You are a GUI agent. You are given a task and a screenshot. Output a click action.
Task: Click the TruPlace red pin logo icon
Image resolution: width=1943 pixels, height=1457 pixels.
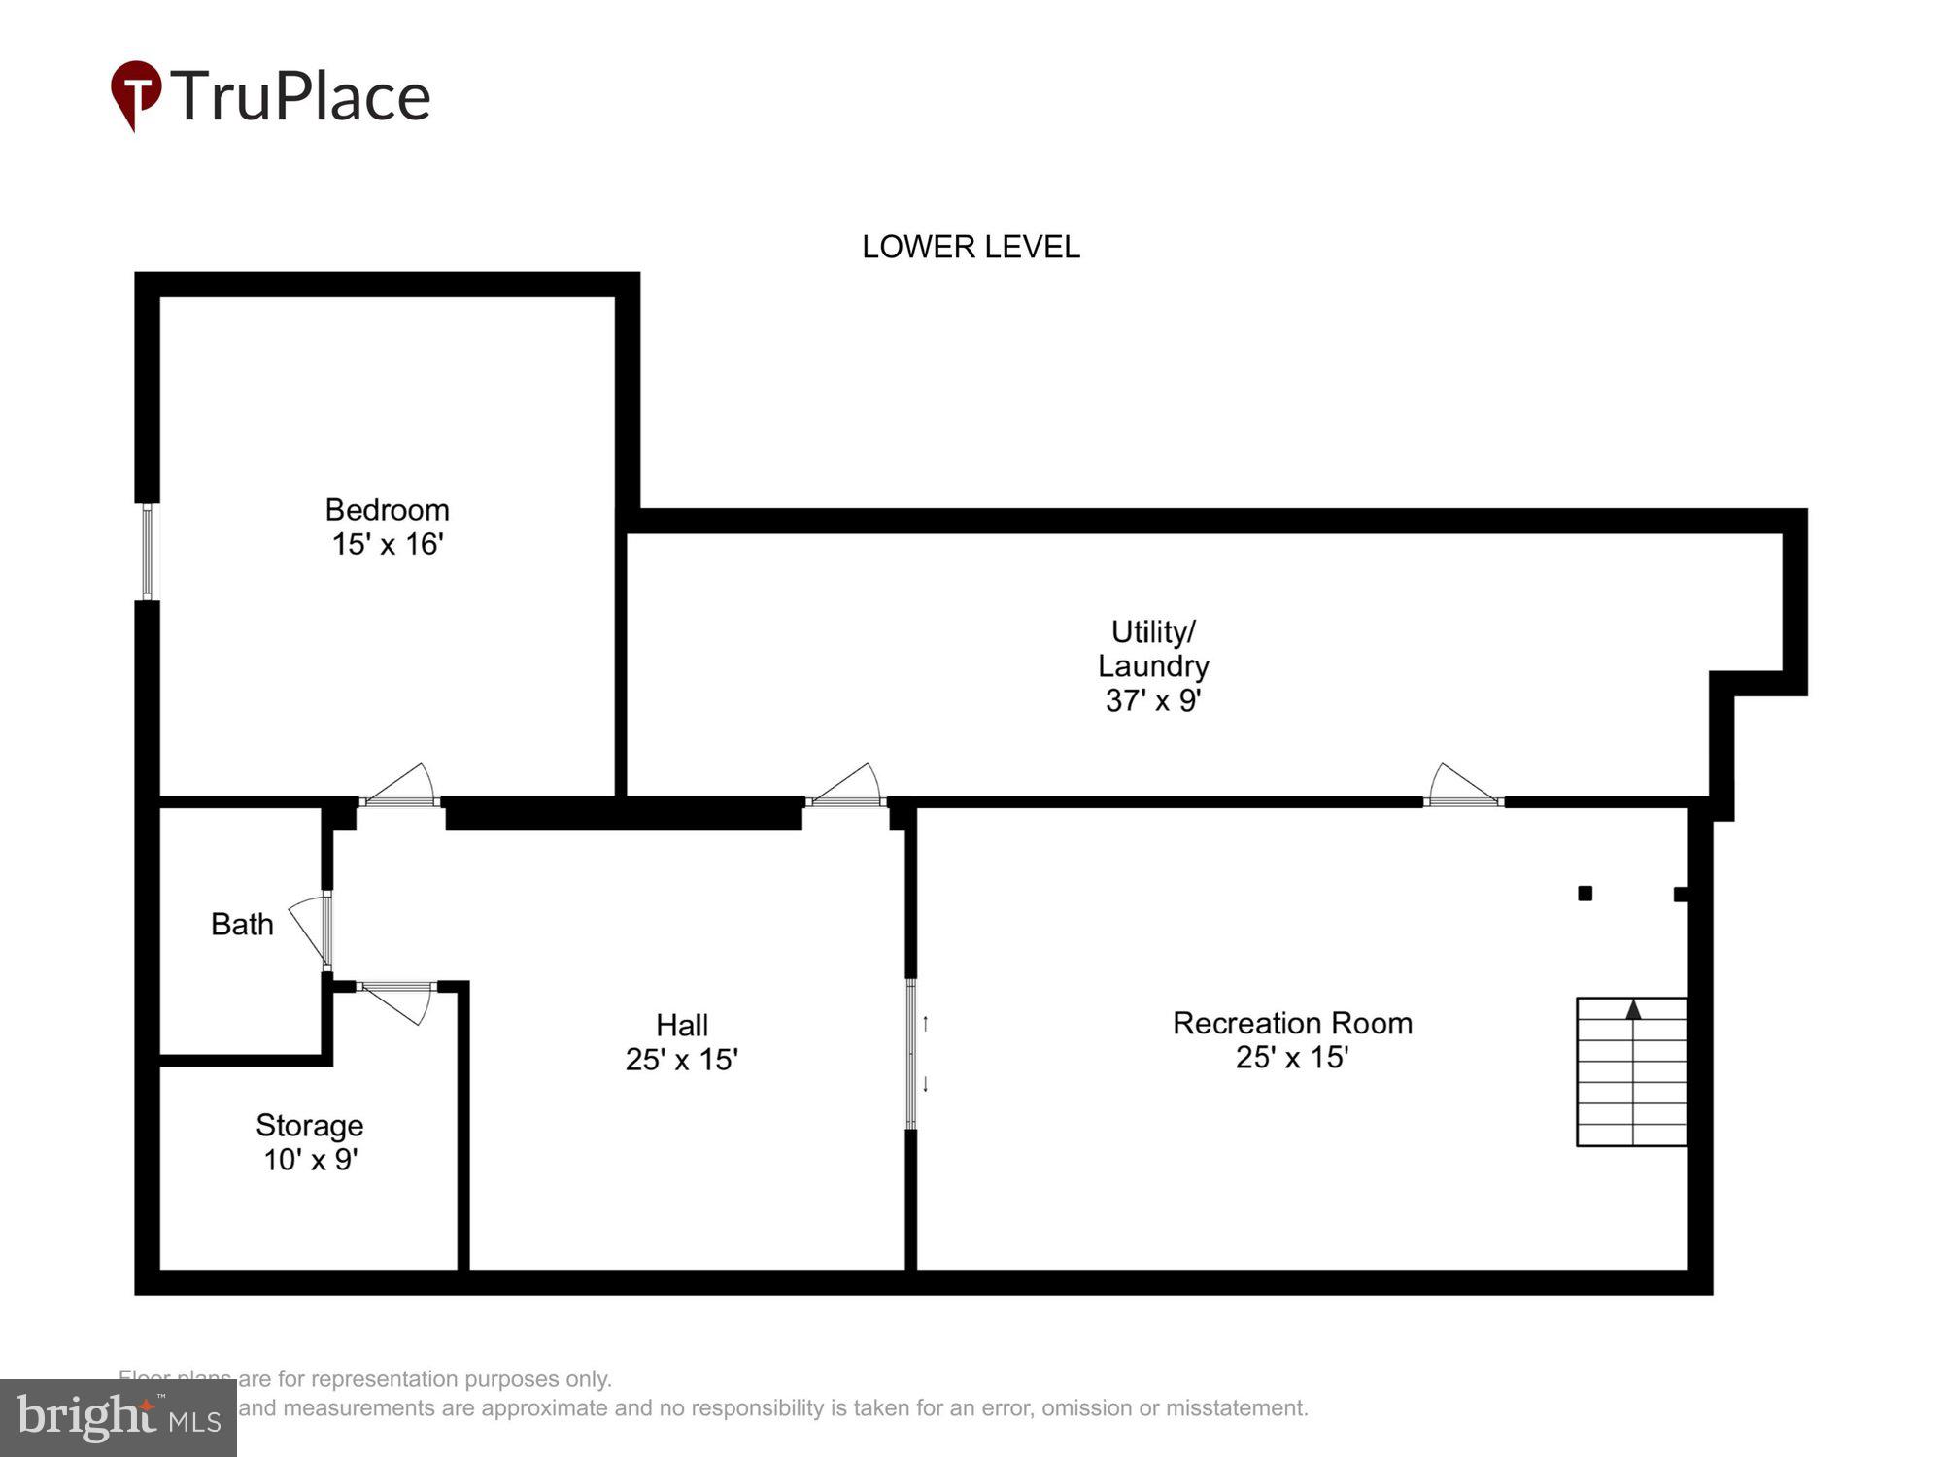click(x=135, y=93)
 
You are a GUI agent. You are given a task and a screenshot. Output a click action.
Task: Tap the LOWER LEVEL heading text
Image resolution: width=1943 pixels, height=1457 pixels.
click(x=971, y=247)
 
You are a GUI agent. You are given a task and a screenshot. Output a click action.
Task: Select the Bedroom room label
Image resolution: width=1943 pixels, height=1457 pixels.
click(x=387, y=510)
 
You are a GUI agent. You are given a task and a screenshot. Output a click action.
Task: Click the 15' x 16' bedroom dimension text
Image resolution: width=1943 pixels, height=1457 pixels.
click(x=388, y=544)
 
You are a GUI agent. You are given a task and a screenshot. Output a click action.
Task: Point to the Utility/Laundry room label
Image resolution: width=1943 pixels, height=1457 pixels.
click(x=1153, y=649)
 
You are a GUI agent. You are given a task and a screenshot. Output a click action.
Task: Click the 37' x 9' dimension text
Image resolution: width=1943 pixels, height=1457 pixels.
click(x=1153, y=700)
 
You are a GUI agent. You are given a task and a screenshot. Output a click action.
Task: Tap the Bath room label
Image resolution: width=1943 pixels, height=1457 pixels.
click(x=242, y=924)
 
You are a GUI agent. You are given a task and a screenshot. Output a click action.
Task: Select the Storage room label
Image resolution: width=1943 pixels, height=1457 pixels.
click(x=309, y=1125)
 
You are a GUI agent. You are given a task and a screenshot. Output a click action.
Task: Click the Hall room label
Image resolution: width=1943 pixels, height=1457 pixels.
click(x=681, y=1025)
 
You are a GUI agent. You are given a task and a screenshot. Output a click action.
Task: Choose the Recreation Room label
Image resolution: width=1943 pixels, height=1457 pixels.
click(x=1292, y=1023)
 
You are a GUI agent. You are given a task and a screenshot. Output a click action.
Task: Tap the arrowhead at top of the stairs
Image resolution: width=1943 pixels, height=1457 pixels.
click(x=1633, y=1010)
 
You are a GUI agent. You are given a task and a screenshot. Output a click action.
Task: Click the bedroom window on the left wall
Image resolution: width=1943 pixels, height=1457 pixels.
click(x=148, y=552)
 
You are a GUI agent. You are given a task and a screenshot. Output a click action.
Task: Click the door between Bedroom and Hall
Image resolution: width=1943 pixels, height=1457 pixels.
click(x=401, y=789)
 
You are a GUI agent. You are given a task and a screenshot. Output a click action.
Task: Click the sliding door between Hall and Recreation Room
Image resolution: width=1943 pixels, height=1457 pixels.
click(x=911, y=1054)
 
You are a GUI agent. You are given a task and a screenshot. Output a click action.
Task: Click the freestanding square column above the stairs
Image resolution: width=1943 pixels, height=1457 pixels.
click(x=1585, y=894)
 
